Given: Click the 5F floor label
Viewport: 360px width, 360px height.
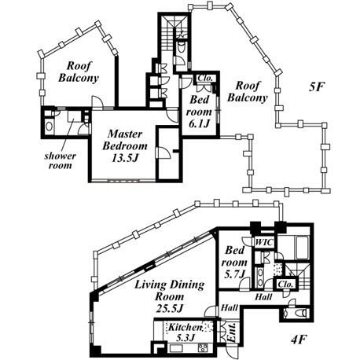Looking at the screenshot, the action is point(317,86).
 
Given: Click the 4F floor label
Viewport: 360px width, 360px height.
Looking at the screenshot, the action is point(299,340).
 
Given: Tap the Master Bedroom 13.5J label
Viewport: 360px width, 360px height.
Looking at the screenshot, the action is point(125,145).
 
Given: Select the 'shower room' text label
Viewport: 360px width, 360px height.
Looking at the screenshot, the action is point(61,160).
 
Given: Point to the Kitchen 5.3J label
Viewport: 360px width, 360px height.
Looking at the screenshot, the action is point(186,332).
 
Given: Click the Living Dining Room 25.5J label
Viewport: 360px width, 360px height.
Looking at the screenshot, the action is point(169,296).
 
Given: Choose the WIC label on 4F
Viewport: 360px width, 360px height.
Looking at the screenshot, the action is point(264,242).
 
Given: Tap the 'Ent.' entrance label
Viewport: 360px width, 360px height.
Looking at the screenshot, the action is point(232,332).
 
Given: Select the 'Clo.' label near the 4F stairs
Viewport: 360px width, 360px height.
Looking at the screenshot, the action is point(286,284).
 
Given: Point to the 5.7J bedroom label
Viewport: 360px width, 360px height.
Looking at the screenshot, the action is point(236,262).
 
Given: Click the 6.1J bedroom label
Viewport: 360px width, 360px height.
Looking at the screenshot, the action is point(199,112).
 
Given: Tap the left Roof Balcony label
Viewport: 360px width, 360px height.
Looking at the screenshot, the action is point(79,72).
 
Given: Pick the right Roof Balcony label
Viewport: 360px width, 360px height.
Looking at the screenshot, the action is point(247,91).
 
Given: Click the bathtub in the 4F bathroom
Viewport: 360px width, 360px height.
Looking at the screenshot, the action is point(303,248).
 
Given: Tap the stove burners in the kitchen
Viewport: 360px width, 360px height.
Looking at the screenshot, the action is point(203,347).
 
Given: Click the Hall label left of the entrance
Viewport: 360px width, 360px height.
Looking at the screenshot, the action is point(230,307).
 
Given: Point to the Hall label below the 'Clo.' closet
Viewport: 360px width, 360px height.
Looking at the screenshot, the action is point(263,297).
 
